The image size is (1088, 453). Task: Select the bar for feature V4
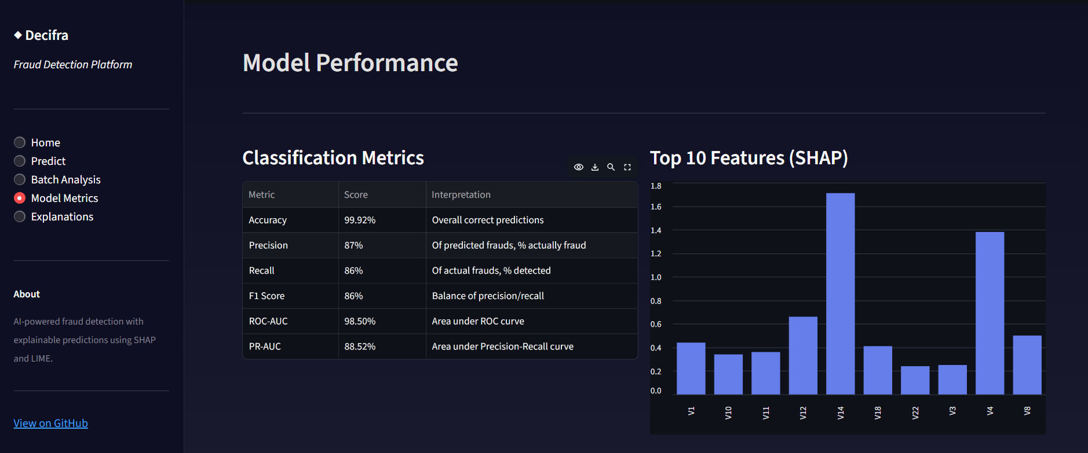[x=990, y=313]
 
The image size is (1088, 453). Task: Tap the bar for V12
[x=803, y=355]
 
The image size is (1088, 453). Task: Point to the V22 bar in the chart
[x=915, y=380]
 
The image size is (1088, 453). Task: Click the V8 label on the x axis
[x=1027, y=411]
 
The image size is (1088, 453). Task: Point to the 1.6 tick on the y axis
[x=656, y=207]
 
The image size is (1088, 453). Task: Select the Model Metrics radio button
[x=20, y=198]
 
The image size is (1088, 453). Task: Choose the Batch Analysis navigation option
[x=20, y=179]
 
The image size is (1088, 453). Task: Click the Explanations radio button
[x=20, y=216]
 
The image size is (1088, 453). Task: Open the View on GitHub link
[x=51, y=423]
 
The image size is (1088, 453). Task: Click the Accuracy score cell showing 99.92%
[x=360, y=220]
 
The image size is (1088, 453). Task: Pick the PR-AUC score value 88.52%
[x=360, y=347]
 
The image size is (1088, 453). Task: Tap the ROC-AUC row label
[x=268, y=321]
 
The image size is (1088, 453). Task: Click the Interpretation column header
[x=461, y=194]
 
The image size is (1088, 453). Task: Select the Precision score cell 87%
[x=353, y=245]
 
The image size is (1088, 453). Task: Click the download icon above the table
[x=594, y=167]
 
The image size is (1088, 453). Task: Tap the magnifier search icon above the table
[x=611, y=167]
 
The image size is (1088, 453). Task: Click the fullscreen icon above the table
[x=627, y=167]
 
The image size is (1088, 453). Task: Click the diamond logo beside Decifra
[x=18, y=35]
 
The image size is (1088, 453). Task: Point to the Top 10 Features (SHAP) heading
[x=749, y=158]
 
